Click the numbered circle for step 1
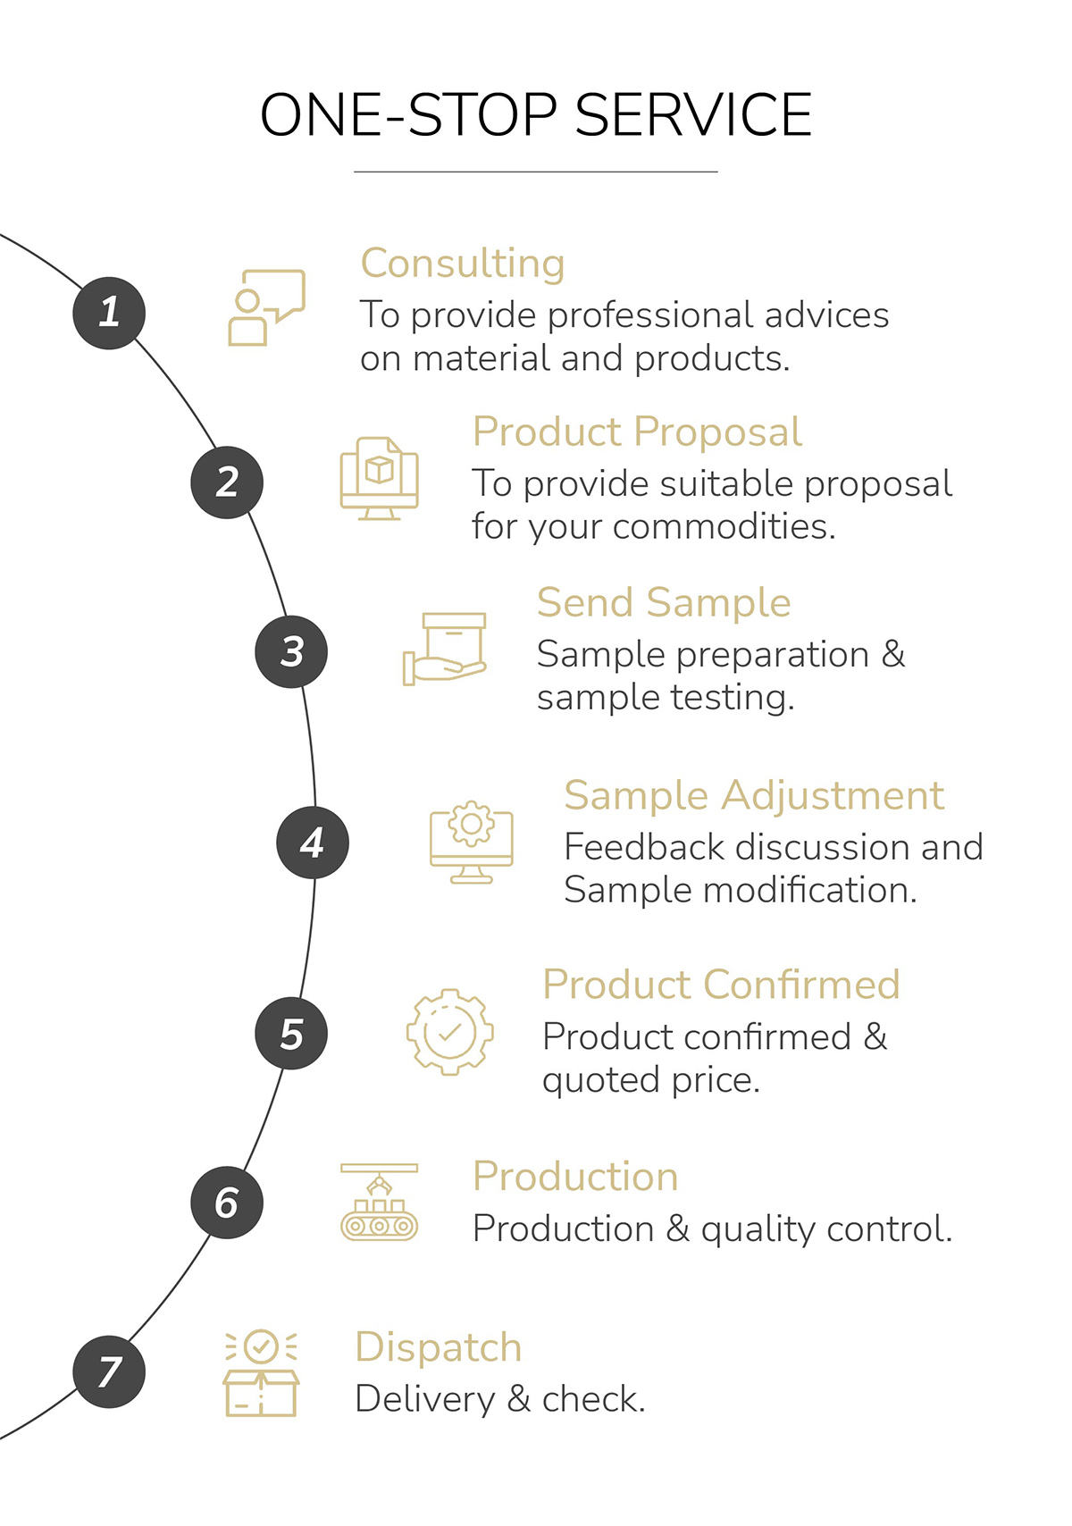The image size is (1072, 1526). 109,313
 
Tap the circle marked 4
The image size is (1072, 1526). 312,842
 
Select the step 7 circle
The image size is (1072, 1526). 109,1371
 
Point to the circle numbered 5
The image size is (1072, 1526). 291,1033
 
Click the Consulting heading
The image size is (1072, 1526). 462,264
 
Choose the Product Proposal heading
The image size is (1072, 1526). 637,432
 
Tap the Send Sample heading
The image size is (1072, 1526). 664,602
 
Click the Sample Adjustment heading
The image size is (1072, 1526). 754,795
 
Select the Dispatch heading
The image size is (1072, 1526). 438,1346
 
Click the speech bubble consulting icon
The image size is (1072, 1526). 266,307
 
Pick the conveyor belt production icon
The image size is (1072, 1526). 379,1202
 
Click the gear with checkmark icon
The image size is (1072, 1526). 449,1032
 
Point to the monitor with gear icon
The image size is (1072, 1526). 471,842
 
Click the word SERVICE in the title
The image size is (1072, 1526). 692,114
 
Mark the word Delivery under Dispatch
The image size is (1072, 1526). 424,1399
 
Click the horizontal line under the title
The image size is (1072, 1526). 536,171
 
